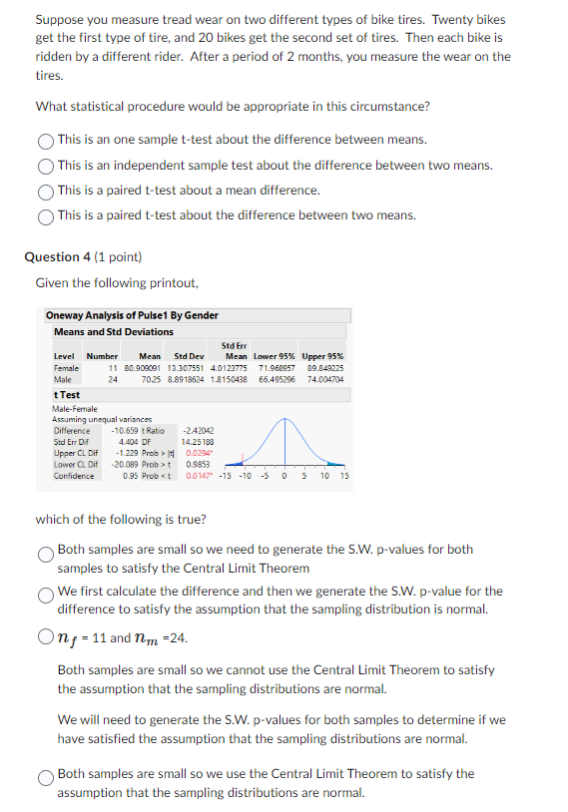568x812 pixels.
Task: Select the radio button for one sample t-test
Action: [46, 141]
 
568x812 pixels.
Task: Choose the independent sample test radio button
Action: [46, 166]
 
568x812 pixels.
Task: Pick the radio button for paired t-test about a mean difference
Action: [46, 191]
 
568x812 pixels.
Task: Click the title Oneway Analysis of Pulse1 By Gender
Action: [132, 315]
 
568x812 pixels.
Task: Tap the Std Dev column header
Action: [189, 356]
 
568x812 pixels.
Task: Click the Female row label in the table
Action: [66, 368]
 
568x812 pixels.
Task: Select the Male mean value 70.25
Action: [152, 379]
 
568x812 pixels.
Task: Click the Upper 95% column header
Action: [322, 356]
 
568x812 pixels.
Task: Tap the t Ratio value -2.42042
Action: [199, 431]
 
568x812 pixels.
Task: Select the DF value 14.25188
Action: [198, 442]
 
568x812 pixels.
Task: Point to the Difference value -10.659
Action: [138, 431]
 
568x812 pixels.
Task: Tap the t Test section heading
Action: [67, 395]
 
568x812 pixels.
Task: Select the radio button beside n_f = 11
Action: [46, 637]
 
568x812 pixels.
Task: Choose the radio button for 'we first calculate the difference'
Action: [46, 594]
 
